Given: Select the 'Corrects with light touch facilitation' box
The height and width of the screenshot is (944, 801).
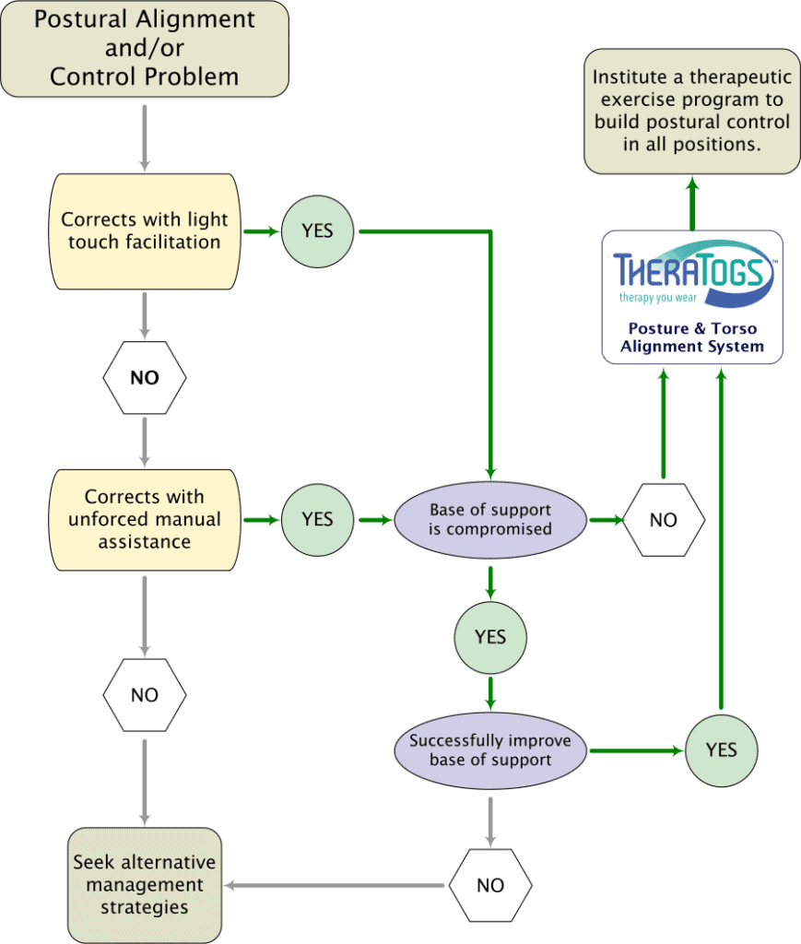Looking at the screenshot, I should tap(144, 231).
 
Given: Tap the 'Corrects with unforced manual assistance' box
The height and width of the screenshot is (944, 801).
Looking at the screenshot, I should tap(144, 520).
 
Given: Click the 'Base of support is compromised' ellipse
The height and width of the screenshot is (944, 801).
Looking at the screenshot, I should tap(490, 520).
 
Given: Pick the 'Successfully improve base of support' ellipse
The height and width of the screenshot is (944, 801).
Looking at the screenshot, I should tap(490, 750).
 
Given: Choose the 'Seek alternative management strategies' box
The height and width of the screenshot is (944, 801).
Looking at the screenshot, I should tap(144, 884).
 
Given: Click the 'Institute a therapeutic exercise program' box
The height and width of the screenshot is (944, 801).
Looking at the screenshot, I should tap(691, 111).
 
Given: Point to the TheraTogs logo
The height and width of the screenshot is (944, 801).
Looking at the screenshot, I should tap(691, 272).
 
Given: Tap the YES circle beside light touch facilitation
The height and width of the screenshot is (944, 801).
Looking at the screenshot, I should tap(317, 231).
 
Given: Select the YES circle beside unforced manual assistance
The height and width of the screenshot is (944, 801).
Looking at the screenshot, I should tap(317, 520).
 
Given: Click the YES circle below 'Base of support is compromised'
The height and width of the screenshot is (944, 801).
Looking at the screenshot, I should tap(490, 637).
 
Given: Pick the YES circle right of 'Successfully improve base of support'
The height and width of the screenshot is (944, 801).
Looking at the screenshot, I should tap(721, 750).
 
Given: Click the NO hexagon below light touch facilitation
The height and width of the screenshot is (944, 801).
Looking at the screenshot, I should tap(144, 378).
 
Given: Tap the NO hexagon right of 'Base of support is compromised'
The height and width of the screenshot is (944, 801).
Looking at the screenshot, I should tap(663, 520).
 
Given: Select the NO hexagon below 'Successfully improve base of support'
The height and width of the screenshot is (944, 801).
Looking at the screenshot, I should tap(490, 886).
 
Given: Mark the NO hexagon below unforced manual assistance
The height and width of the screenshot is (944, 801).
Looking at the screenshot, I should tap(144, 695).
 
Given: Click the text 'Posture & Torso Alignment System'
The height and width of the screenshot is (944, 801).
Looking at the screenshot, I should tap(691, 337).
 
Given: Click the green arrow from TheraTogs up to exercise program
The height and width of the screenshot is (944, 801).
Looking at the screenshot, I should tap(691, 203).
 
